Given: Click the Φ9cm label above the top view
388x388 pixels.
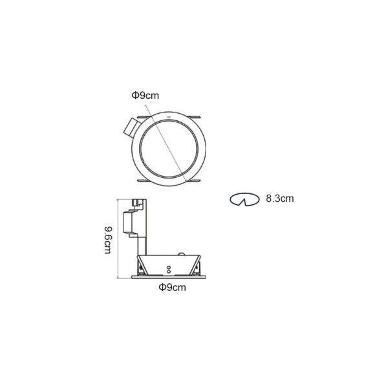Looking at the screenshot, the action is (145, 95).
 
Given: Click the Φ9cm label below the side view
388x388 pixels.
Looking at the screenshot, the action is (172, 287).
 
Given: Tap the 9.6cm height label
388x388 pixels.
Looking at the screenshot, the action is (108, 239).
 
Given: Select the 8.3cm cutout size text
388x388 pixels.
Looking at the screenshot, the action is (280, 199).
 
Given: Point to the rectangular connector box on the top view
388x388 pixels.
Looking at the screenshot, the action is (131, 127).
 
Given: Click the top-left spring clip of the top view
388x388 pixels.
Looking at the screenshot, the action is (144, 116).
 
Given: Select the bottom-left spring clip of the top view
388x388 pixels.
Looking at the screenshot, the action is (144, 180).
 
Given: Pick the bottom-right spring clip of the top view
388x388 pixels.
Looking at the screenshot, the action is (194, 181).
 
